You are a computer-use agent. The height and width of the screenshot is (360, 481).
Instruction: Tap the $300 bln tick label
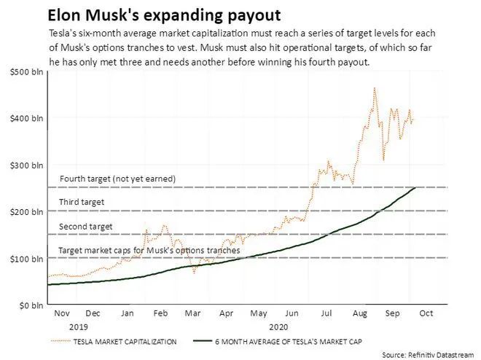click(25, 165)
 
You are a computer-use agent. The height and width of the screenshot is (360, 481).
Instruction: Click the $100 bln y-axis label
click(25, 258)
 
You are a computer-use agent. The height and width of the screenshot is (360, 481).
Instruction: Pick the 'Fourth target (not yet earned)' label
click(117, 179)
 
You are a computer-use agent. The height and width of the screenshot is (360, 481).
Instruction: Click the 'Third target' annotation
click(82, 202)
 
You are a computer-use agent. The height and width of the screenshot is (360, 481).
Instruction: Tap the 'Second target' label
click(85, 227)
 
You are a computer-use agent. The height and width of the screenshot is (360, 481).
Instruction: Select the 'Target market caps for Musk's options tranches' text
click(149, 251)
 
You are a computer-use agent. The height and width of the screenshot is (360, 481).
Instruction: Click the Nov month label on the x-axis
click(61, 313)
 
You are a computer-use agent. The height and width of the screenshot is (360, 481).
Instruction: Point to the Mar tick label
click(192, 313)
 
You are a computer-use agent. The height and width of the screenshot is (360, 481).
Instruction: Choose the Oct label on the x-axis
click(426, 313)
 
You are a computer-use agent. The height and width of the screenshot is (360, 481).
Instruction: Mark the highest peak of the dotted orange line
click(375, 88)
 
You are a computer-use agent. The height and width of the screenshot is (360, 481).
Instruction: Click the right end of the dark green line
click(415, 188)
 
